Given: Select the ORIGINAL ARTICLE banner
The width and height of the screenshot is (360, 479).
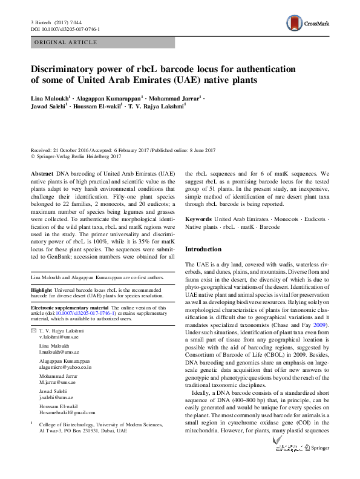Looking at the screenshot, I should pos(67,42).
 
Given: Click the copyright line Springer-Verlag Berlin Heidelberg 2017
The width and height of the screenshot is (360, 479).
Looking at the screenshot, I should pos(84,156).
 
